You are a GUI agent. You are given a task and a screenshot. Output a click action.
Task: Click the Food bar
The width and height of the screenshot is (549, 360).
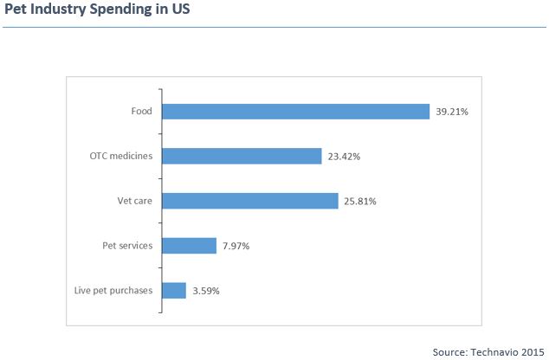click(295, 112)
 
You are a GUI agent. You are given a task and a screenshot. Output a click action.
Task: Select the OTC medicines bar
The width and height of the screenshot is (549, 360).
click(242, 156)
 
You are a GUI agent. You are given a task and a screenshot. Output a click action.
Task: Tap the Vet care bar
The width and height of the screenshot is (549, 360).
click(249, 201)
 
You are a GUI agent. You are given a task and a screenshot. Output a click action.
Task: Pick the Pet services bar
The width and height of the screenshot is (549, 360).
click(189, 246)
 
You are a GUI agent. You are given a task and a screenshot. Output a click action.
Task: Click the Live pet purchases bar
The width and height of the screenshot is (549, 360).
click(173, 291)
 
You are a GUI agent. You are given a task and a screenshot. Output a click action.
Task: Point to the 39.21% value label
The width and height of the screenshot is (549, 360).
click(452, 112)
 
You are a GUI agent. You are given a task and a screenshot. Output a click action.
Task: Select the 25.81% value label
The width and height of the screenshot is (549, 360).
click(358, 202)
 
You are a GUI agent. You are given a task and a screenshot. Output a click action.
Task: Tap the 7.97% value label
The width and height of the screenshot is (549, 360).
click(237, 247)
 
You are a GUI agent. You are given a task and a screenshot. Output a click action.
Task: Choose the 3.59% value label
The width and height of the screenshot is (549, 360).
click(206, 291)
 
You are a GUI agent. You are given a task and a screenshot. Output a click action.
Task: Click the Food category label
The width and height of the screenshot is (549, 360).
click(141, 112)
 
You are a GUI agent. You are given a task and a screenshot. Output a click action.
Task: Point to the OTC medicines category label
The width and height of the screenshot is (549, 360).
click(121, 156)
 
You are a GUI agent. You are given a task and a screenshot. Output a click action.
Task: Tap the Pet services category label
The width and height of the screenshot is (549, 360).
click(126, 246)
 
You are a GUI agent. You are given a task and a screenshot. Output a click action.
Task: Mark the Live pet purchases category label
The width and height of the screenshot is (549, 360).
click(113, 291)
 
